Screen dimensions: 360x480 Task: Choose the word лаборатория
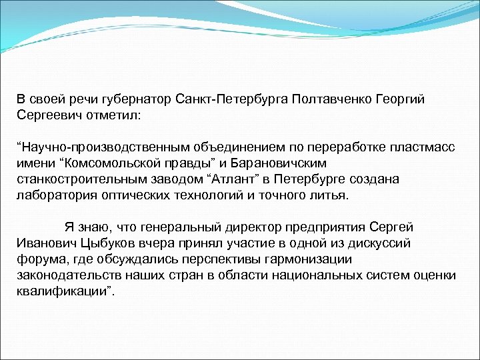tap(55, 195)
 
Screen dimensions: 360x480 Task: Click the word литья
tap(331, 195)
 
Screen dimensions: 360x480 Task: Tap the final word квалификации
tap(65, 291)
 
